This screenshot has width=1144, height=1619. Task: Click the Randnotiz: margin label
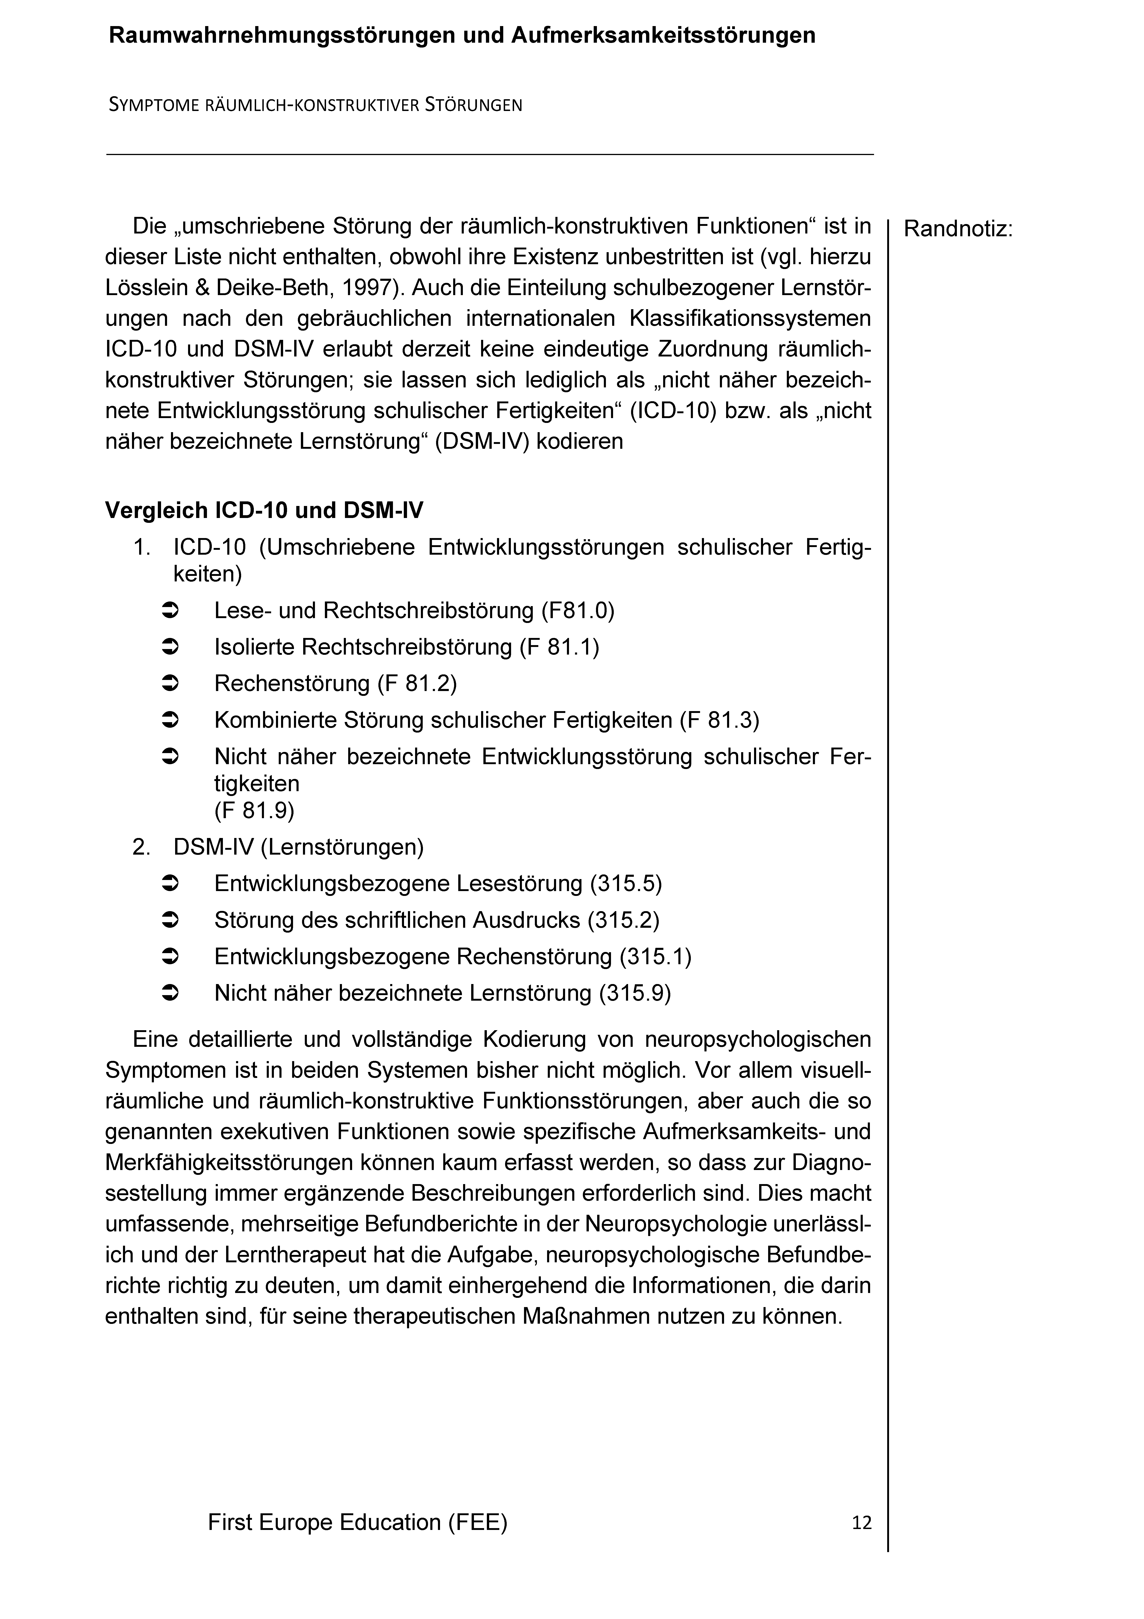[957, 229]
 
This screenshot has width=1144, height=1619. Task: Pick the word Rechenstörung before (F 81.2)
[292, 684]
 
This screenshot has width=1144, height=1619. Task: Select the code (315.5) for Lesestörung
[626, 883]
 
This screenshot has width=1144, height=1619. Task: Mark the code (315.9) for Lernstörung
[635, 994]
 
